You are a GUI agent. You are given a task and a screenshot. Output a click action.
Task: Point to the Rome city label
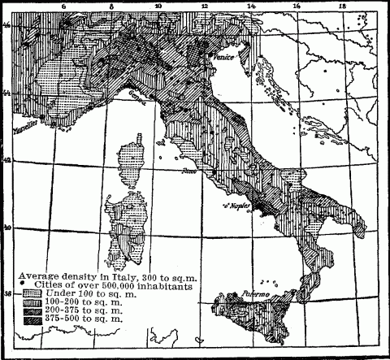coord(191,171)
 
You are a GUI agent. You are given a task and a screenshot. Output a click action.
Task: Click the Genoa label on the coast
coord(132,95)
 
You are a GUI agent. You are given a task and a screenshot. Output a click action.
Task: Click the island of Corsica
coord(131,163)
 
